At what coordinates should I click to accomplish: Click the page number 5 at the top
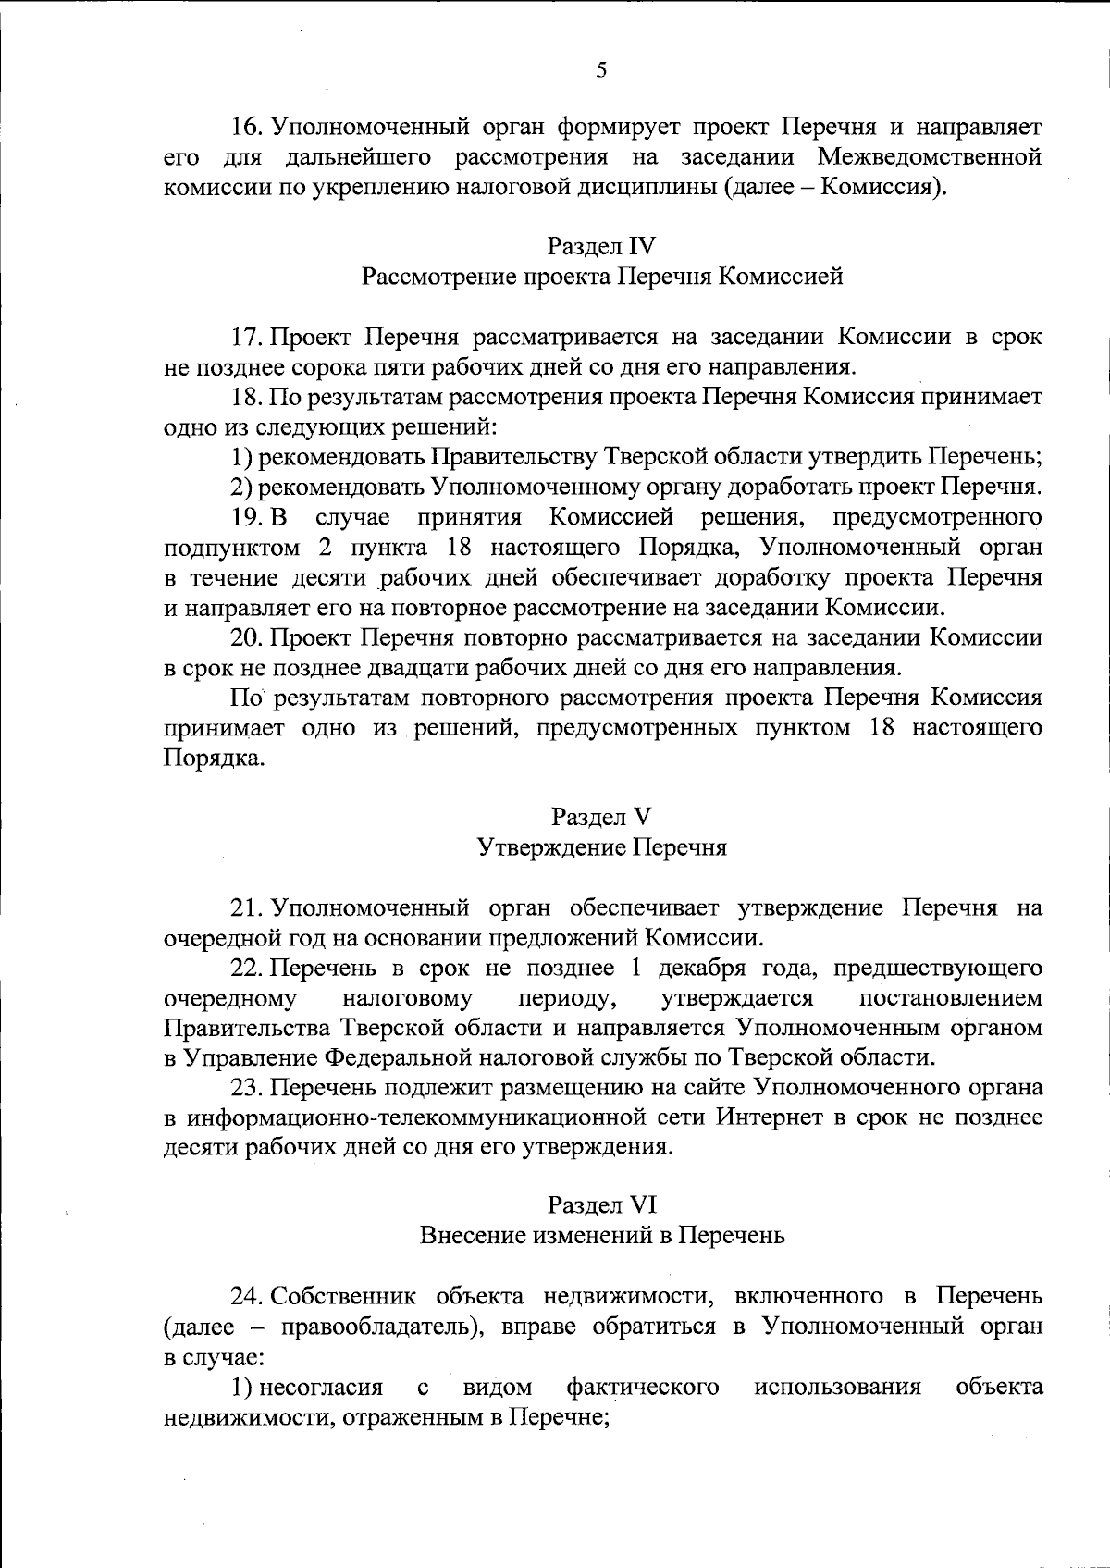coord(601,68)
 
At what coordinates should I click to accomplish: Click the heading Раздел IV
coord(601,246)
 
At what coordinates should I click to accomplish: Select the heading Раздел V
coord(601,817)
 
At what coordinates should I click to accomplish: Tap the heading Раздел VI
coord(601,1204)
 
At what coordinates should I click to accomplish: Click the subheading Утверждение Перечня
coord(601,847)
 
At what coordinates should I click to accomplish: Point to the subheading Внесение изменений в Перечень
coord(602,1235)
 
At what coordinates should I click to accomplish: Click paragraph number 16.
coord(248,126)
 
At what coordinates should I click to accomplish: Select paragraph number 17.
coord(248,337)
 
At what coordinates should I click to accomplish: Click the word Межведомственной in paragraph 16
coord(930,156)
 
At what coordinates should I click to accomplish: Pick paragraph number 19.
coord(248,517)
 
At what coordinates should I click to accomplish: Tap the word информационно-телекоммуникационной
coord(444,1117)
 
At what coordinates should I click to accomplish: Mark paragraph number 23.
coord(248,1087)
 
